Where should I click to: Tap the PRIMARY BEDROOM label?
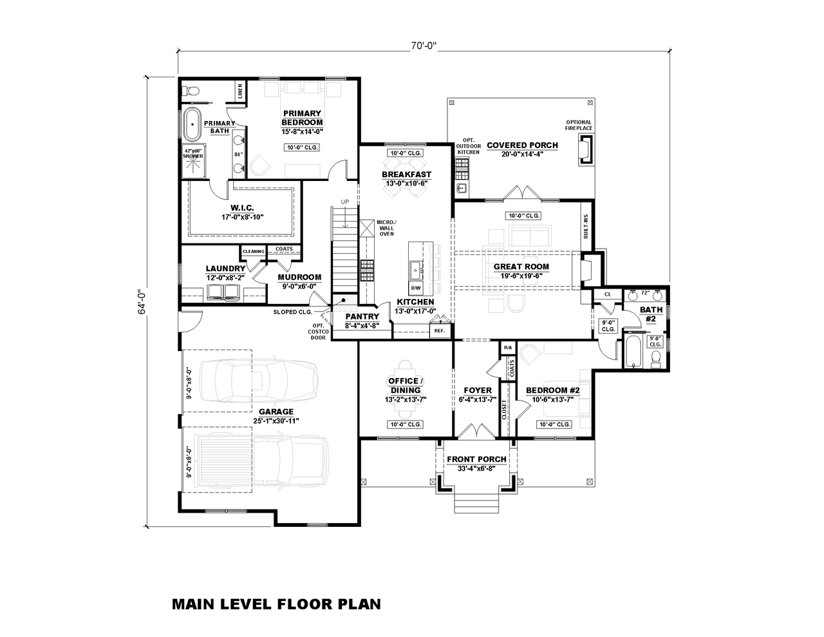point(302,118)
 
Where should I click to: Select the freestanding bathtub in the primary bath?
point(192,124)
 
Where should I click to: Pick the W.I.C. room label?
point(242,207)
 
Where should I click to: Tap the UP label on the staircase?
point(345,202)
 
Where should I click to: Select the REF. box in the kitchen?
point(440,331)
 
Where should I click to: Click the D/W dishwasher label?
point(416,287)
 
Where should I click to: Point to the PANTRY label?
point(361,316)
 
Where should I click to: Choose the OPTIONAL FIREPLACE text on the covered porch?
point(579,125)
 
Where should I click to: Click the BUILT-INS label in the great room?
point(585,227)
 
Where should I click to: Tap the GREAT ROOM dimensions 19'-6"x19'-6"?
point(521,276)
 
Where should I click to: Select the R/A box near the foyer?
point(507,348)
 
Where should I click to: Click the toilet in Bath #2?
point(657,357)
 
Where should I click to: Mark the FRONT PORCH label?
point(476,459)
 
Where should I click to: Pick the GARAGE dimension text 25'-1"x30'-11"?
point(276,421)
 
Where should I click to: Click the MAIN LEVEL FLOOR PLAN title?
point(276,604)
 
